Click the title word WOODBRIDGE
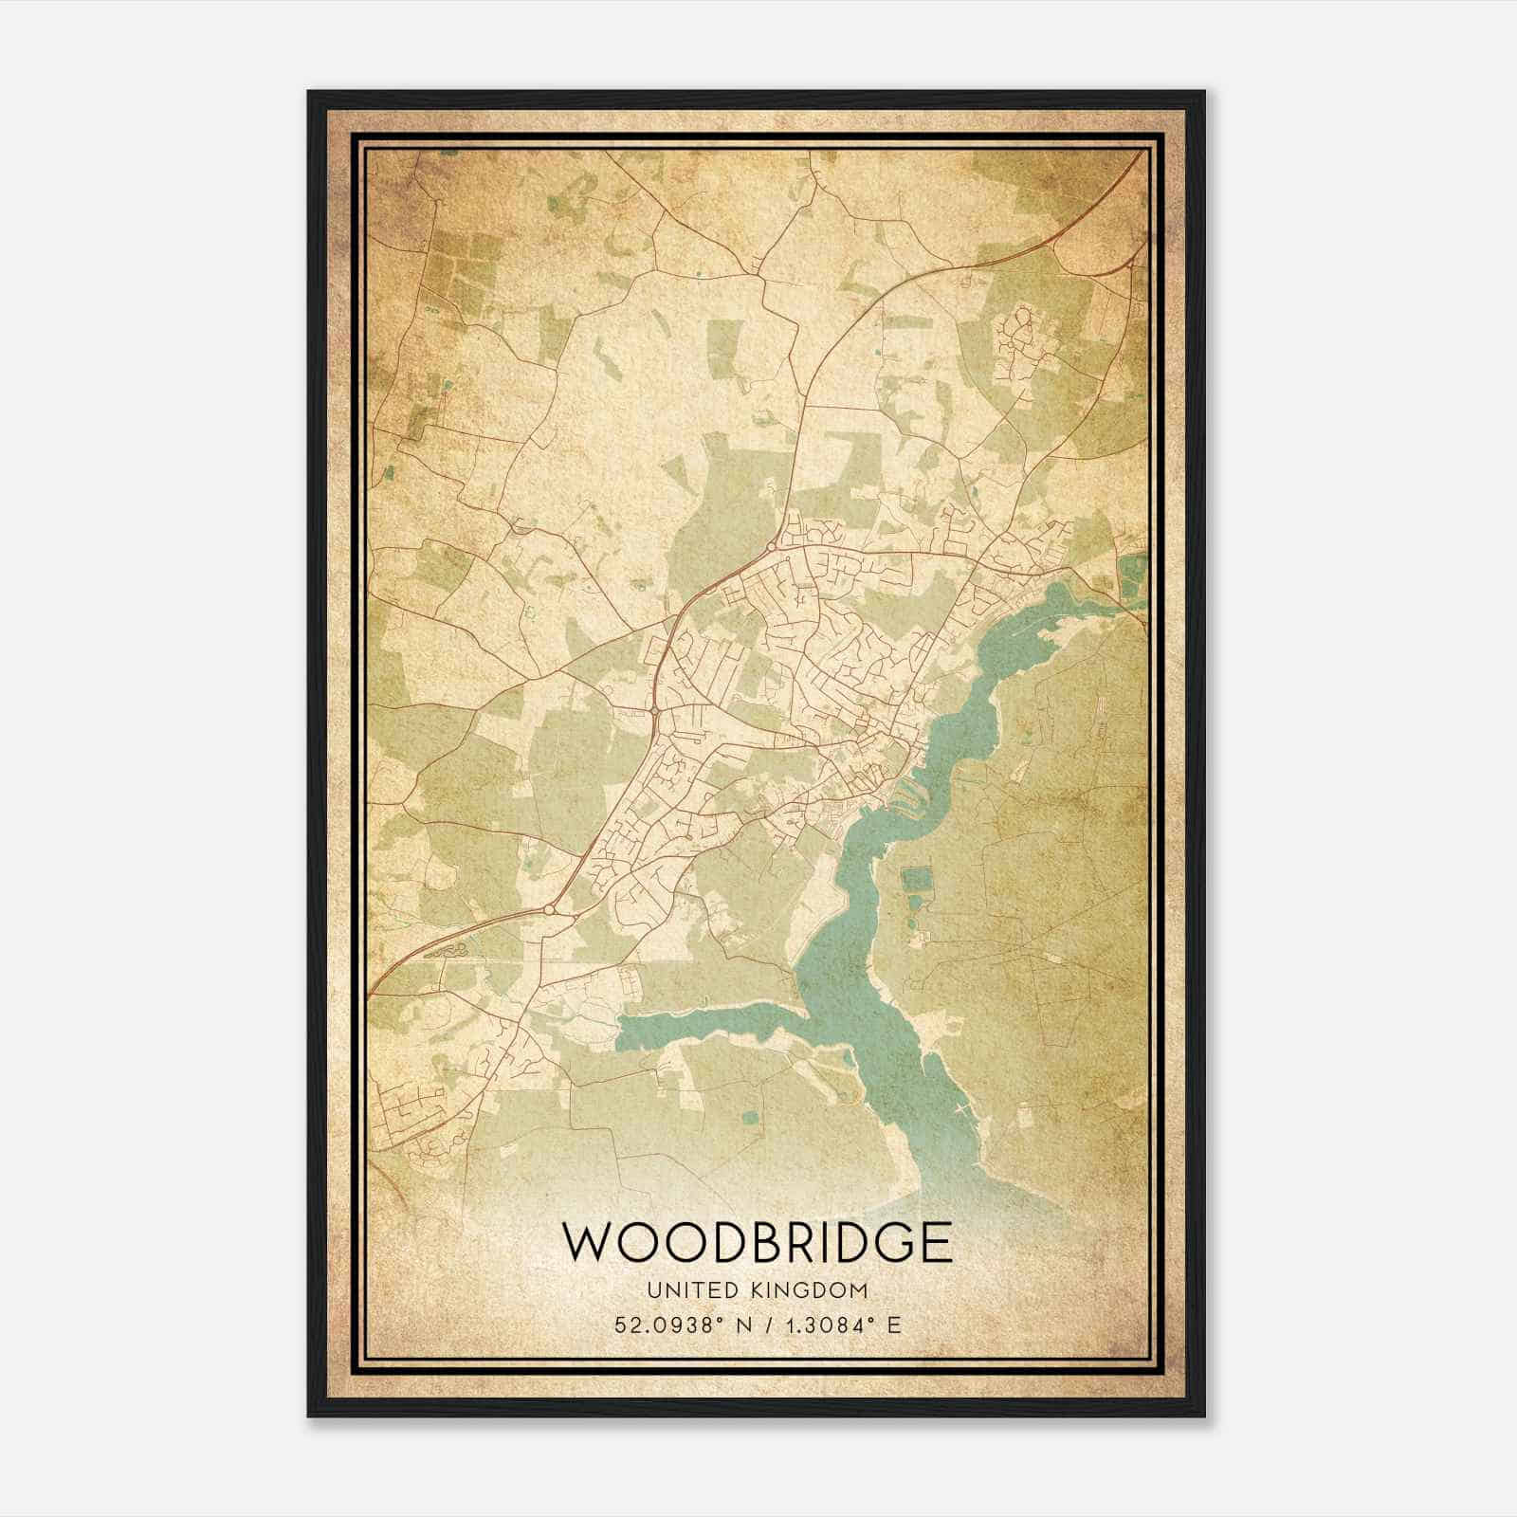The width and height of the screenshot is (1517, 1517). tap(757, 1241)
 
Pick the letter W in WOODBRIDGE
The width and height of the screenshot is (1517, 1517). tap(588, 1241)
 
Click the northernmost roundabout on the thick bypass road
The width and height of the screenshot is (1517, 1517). tap(772, 547)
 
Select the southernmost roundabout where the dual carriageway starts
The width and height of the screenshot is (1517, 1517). tap(548, 910)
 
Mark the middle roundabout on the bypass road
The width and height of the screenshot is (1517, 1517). tap(654, 709)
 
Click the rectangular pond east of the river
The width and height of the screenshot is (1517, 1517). tap(916, 880)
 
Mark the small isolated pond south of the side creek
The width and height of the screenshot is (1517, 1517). tap(750, 1117)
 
